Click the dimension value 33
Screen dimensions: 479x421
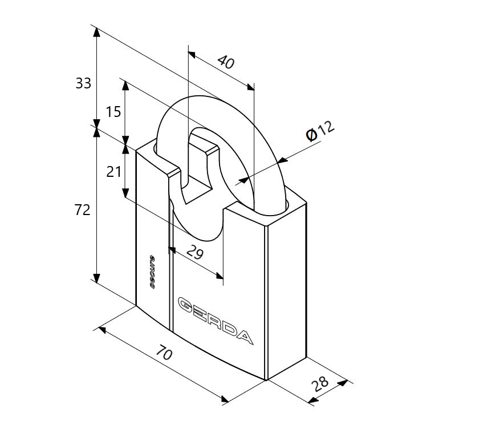tap(83, 83)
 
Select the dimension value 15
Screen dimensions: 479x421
tap(113, 112)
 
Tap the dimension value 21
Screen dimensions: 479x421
tap(113, 172)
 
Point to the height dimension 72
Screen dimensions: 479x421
tap(83, 210)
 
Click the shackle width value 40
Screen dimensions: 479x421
tap(226, 62)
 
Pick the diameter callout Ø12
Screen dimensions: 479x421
tap(320, 131)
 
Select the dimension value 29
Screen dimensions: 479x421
tap(195, 252)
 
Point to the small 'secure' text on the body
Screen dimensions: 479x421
tap(152, 272)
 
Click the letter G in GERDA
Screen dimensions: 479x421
tap(186, 303)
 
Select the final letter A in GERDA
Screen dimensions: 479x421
tap(245, 337)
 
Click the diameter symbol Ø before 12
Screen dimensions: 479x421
tap(311, 135)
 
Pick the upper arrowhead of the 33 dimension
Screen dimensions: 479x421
tap(96, 32)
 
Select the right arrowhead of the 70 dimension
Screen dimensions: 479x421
tap(225, 399)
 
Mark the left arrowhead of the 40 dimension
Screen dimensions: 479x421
tap(192, 55)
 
